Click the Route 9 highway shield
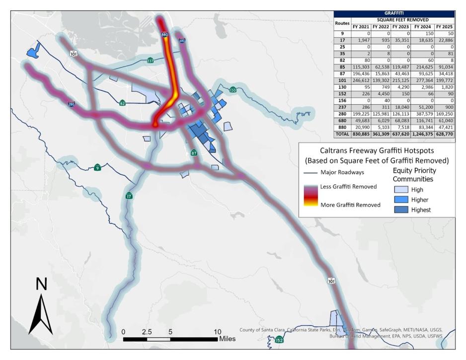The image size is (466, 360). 98,167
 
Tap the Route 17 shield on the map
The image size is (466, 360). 129,195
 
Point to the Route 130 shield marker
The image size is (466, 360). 233,90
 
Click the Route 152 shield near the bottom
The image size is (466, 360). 279,340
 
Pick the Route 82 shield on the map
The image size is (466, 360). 122,103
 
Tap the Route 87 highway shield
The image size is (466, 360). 194,153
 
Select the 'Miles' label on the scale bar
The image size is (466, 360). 227,339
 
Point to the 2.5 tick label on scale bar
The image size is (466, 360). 147,331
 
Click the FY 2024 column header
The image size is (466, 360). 423,26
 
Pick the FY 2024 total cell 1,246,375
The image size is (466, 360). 423,134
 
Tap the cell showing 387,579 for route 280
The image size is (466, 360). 423,113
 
